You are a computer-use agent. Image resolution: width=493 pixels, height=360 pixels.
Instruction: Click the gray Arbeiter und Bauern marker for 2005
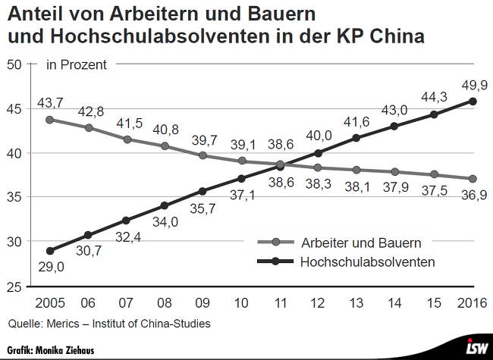[50, 120]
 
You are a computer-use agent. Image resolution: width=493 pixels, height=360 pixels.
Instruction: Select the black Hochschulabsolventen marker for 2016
[473, 101]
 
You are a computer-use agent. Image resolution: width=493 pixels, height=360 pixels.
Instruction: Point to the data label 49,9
[473, 83]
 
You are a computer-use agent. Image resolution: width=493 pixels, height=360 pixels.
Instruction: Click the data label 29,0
[50, 267]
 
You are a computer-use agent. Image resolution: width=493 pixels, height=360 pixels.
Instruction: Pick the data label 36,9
[473, 196]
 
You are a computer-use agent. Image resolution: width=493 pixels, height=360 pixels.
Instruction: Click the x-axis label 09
[203, 302]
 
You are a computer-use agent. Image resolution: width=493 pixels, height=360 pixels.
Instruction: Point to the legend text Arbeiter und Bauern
[360, 243]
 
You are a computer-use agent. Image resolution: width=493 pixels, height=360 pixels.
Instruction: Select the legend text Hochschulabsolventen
[367, 262]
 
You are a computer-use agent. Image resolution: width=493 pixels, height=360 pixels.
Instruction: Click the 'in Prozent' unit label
[77, 65]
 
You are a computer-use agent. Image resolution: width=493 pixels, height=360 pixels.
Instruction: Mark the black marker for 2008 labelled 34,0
[165, 205]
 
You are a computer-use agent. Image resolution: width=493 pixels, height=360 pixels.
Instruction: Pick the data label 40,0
[319, 136]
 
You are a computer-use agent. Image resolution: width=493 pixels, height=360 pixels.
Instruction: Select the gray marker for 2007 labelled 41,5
[127, 139]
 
